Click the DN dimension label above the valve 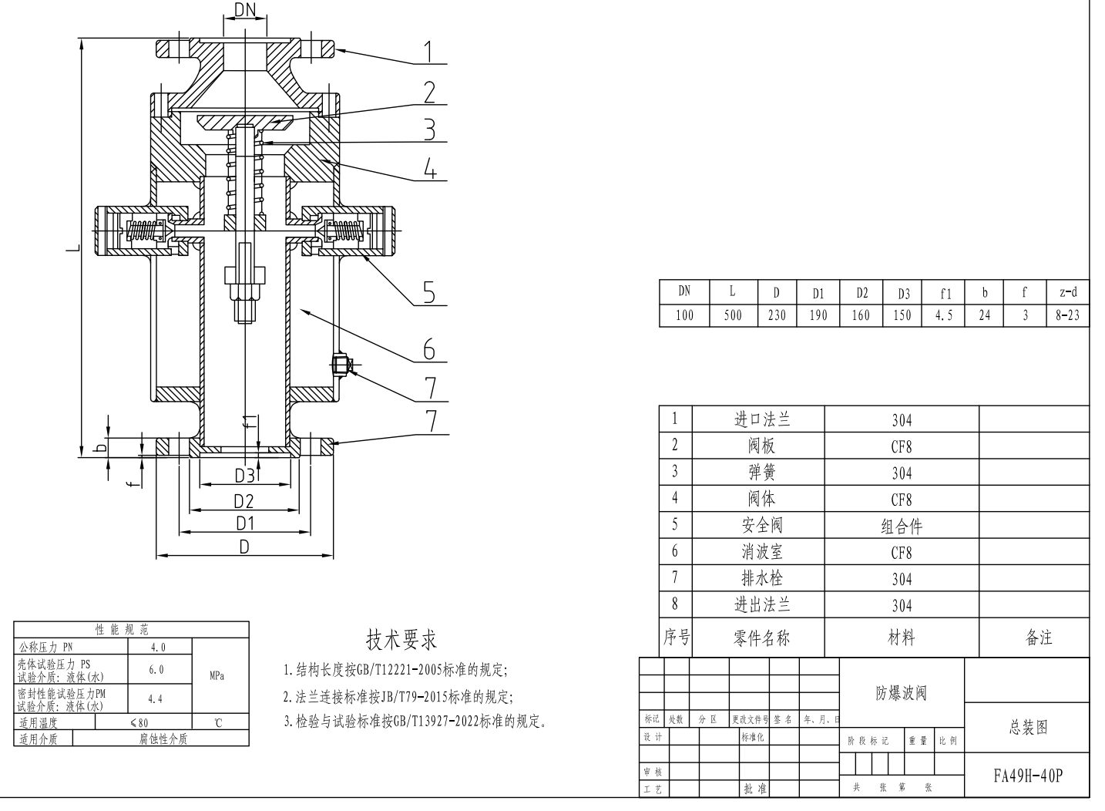click(245, 9)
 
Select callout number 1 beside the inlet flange click(428, 52)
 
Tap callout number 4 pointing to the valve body click(430, 169)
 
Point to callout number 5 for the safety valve click(429, 292)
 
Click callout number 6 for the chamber click(429, 349)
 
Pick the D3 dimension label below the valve click(245, 476)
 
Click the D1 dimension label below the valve click(245, 523)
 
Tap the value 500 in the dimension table click(733, 315)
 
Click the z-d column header click(1067, 292)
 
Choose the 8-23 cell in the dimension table click(1067, 315)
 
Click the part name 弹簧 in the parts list click(761, 473)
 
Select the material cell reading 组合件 click(902, 527)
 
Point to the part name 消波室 click(761, 552)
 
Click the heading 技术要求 click(401, 640)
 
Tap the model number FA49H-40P click(1027, 776)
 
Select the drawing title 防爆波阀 click(902, 693)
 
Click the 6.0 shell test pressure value click(156, 669)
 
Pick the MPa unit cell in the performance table click(217, 676)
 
